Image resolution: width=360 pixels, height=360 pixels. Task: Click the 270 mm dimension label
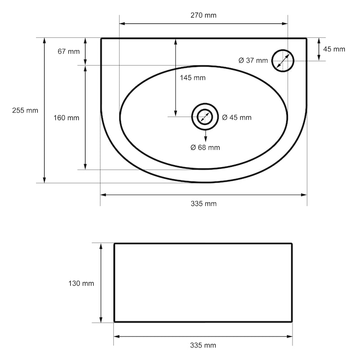click(x=203, y=15)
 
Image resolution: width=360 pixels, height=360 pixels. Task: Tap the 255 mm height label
click(x=25, y=110)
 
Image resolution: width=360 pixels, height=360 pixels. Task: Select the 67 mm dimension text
click(x=69, y=51)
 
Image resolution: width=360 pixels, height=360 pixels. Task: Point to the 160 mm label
click(x=66, y=118)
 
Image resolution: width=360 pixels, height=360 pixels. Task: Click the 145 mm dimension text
click(x=193, y=78)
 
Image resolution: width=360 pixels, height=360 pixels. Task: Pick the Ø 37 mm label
click(x=253, y=60)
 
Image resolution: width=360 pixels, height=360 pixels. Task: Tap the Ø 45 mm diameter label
click(x=237, y=117)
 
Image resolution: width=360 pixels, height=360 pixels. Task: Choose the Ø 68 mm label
click(x=205, y=148)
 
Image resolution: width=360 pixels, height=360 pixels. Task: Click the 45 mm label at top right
click(x=334, y=49)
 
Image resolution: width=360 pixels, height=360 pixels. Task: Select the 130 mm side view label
click(x=81, y=283)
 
